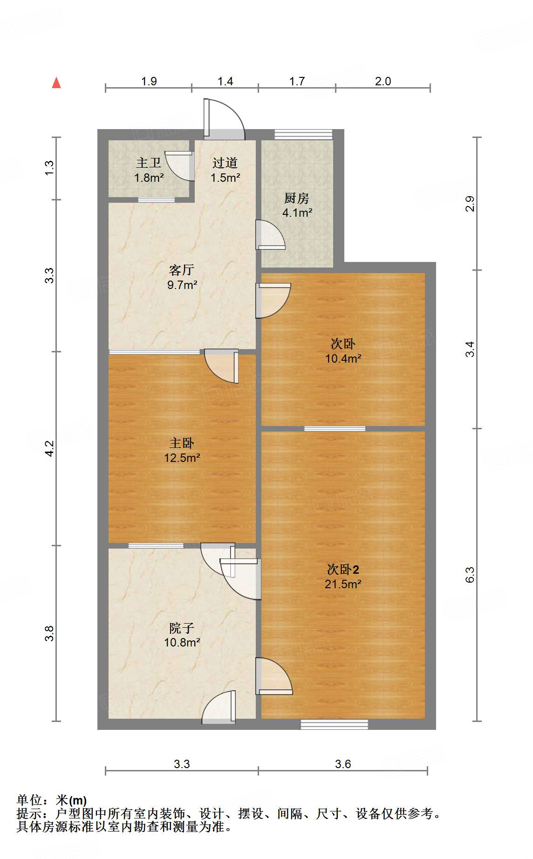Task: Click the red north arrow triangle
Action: pyautogui.click(x=56, y=83)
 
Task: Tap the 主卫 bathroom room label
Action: pyautogui.click(x=149, y=170)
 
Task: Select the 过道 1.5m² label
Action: pyautogui.click(x=225, y=170)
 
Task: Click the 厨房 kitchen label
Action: pyautogui.click(x=297, y=205)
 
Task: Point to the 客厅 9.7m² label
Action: pyautogui.click(x=182, y=277)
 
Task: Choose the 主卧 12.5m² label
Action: pyautogui.click(x=182, y=450)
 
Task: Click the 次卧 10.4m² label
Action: pyautogui.click(x=343, y=350)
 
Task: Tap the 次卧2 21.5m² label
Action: pyautogui.click(x=343, y=576)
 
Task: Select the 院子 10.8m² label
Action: pyautogui.click(x=182, y=635)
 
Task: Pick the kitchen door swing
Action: pyautogui.click(x=270, y=235)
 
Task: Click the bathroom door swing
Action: pyautogui.click(x=179, y=165)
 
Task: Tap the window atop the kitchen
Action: pyautogui.click(x=303, y=135)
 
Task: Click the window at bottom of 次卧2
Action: pyautogui.click(x=334, y=724)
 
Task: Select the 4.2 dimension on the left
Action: pyautogui.click(x=49, y=448)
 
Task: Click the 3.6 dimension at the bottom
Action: pyautogui.click(x=343, y=764)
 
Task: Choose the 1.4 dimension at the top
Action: pyautogui.click(x=225, y=81)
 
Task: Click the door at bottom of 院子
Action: pyautogui.click(x=219, y=708)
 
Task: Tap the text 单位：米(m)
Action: pyautogui.click(x=52, y=800)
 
